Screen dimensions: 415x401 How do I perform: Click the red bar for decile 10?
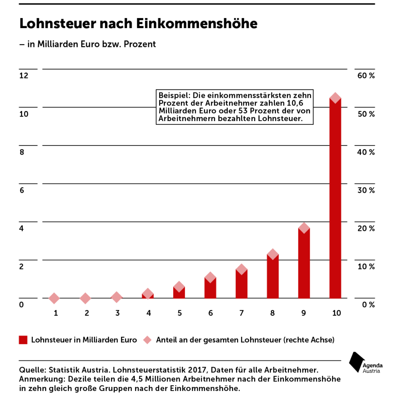click(335, 198)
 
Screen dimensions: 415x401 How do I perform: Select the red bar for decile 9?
click(304, 263)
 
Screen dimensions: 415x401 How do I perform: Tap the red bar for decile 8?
click(273, 276)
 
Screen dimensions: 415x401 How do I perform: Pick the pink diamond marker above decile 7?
click(241, 269)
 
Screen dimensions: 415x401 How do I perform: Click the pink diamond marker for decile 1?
click(54, 298)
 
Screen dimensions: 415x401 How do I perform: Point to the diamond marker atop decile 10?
click(335, 98)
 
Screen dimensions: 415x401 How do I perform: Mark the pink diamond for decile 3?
click(116, 297)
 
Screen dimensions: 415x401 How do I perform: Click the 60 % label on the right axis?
click(366, 76)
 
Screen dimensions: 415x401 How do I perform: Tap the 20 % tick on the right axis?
click(366, 229)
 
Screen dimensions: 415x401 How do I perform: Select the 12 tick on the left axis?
click(24, 76)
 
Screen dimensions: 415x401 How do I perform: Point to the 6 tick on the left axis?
click(22, 190)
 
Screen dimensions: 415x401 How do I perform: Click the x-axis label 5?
click(180, 313)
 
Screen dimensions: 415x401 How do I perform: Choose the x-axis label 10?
click(336, 313)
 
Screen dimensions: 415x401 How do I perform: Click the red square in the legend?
click(23, 340)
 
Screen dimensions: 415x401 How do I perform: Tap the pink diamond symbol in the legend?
click(147, 340)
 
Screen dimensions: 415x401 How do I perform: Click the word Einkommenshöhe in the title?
click(197, 23)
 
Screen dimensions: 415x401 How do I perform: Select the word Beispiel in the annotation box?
click(174, 95)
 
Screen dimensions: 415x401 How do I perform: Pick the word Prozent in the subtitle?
click(140, 44)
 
